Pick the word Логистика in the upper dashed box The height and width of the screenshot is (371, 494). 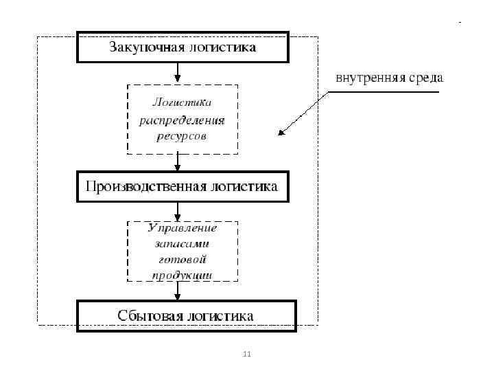[182, 102]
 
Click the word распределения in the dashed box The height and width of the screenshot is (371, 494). [182, 120]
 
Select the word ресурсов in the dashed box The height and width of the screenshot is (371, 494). [182, 136]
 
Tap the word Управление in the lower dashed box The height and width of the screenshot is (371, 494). [183, 227]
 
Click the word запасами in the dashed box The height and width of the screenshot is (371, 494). [183, 243]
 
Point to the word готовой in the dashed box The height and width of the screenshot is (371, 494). [183, 260]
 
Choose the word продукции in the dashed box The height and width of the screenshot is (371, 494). [183, 275]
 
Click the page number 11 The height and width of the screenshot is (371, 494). [248, 355]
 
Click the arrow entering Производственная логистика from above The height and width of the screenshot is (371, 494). [178, 162]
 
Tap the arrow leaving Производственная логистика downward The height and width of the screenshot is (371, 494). [178, 210]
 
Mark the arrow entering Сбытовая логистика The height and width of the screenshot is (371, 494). [178, 291]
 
